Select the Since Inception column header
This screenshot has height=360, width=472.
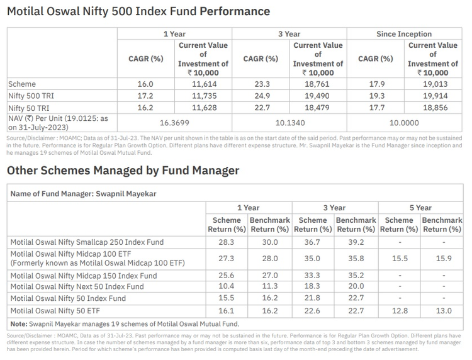404,34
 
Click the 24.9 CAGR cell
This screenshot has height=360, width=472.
261,95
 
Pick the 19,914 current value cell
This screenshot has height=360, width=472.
433,95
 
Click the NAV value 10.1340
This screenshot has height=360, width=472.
289,123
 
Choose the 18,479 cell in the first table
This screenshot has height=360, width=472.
318,107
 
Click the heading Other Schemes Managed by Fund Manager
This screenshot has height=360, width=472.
123,171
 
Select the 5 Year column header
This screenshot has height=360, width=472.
422,208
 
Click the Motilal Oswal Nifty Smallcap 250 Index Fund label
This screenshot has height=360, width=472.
87,242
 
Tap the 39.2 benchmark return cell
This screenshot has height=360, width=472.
356,242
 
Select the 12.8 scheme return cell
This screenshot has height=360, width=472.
399,310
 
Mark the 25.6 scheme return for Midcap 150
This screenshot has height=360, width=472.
227,275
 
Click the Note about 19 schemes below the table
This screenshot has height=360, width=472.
125,323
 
